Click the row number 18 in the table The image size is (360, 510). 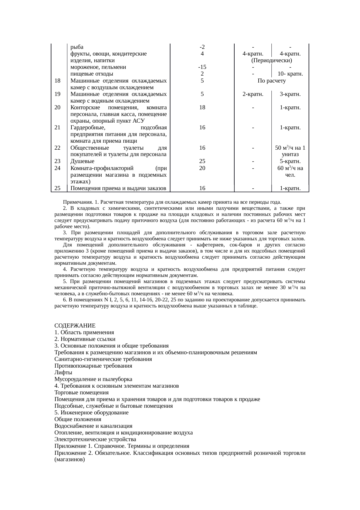tap(57, 81)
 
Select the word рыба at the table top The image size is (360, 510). tap(77, 47)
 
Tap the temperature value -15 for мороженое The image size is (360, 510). tap(202, 67)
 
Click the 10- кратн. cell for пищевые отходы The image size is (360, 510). tap(290, 74)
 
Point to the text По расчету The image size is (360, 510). tap(271, 81)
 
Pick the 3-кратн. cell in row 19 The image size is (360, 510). tap(290, 94)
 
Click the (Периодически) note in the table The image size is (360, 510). tap(271, 61)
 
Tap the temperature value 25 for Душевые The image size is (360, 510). tap(202, 161)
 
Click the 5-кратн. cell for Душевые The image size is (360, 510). tap(290, 161)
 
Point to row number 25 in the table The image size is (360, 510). tap(57, 188)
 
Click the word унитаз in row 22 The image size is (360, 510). tap(290, 155)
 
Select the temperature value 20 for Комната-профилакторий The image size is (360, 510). tap(202, 168)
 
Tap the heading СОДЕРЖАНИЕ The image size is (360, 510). tap(75, 325)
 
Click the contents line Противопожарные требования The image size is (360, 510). tap(93, 366)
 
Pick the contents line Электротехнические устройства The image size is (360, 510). tap(95, 439)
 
